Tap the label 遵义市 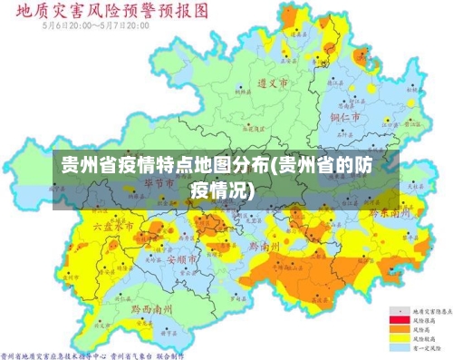[273, 83]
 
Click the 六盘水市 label [114, 225]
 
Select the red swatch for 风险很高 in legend [396, 320]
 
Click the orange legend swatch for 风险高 [396, 329]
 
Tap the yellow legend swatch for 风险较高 [396, 338]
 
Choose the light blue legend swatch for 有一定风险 [396, 347]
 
